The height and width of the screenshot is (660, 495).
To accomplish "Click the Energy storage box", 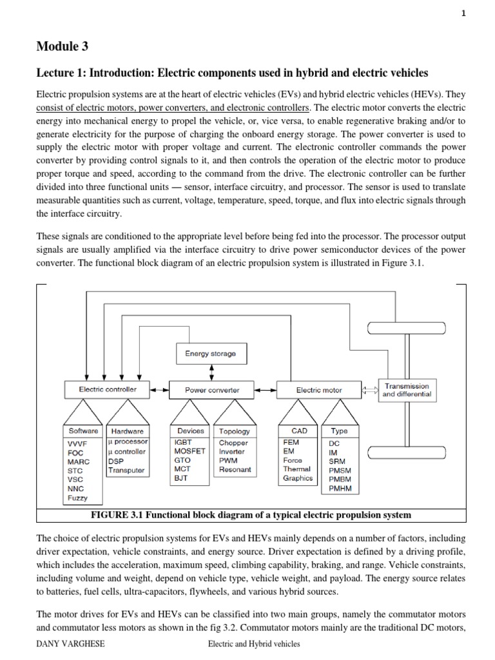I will pos(210,353).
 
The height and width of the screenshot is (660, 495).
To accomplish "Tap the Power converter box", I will pos(211,389).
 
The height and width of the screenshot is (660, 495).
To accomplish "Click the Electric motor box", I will pos(318,389).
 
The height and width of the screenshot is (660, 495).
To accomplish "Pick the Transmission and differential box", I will pos(407,390).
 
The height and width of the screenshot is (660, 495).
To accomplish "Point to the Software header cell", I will pos(83,431).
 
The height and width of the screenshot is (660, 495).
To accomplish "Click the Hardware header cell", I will pos(127,431).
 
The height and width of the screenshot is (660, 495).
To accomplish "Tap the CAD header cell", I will pos(300,431).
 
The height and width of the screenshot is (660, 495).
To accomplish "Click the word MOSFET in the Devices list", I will pos(189,451).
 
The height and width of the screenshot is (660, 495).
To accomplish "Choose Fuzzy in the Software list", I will pos(77,498).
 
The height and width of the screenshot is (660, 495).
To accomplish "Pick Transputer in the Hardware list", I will pos(127,470).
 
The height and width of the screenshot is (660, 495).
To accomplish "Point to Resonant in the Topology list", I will pos(235,470).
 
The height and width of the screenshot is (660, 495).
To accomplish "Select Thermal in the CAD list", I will pos(296,469).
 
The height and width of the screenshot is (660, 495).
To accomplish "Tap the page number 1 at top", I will pos(481,14).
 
